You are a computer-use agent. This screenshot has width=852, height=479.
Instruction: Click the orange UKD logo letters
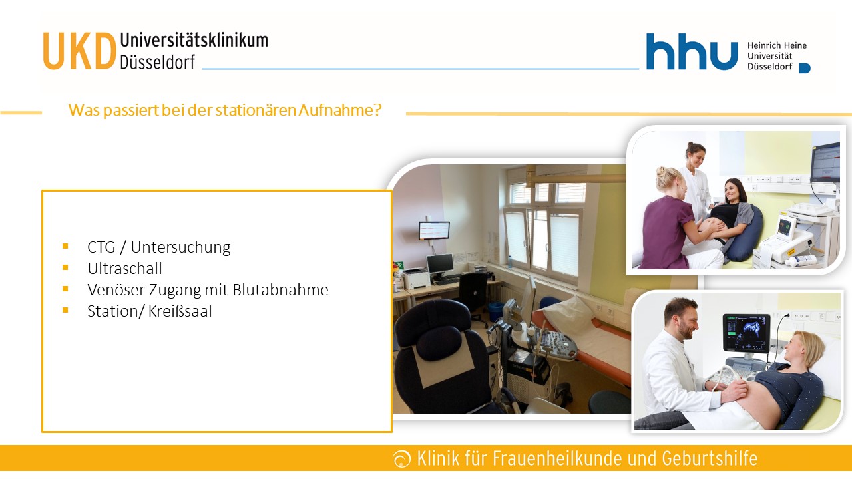pos(79,51)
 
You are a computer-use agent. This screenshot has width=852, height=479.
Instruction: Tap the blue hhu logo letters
pos(692,51)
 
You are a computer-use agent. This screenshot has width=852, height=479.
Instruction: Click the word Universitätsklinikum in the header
pos(194,40)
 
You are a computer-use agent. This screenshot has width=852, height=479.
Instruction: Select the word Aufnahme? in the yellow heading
pos(339,110)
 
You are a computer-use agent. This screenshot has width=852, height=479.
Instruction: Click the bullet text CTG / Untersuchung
pos(158,247)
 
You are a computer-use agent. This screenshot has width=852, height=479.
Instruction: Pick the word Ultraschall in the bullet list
pos(124,269)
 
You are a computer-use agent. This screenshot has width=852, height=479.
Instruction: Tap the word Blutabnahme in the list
pos(280,290)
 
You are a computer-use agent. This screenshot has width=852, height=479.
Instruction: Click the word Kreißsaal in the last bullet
pos(180,311)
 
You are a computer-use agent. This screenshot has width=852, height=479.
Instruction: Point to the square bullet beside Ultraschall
pos(65,268)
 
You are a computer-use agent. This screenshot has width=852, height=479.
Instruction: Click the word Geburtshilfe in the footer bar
pos(710,458)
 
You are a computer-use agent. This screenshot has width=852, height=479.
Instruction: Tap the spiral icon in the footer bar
pos(401,458)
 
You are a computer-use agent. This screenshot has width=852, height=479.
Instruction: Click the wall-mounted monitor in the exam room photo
pos(434,230)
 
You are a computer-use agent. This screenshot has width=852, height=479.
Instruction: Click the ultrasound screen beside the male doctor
pos(746,333)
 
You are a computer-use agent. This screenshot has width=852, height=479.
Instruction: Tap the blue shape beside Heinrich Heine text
pos(805,68)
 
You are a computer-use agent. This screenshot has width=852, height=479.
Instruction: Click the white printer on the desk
pos(416,279)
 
